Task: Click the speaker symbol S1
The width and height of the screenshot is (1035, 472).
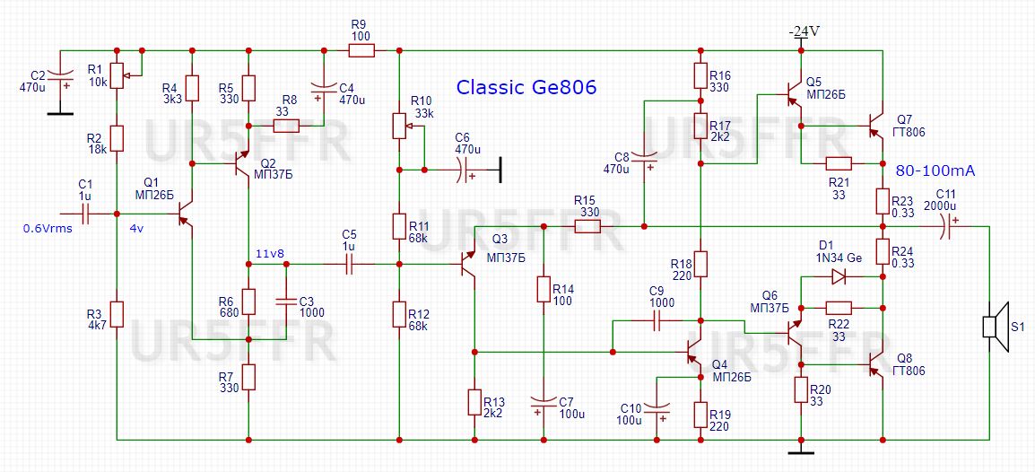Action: click(x=996, y=327)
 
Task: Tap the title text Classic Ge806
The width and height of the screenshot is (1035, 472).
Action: click(x=527, y=87)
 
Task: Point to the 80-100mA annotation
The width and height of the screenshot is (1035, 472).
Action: click(x=935, y=171)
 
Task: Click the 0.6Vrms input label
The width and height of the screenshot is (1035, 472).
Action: click(x=47, y=229)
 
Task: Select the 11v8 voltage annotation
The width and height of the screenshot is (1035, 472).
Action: click(x=269, y=253)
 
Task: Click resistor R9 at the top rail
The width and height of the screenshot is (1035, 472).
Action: click(x=361, y=50)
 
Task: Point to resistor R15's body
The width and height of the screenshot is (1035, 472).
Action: click(x=587, y=226)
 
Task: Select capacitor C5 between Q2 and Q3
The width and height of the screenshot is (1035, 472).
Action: click(x=348, y=264)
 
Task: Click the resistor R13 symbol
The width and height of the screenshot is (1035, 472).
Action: click(x=474, y=402)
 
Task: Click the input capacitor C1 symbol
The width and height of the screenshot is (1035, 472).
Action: click(x=83, y=214)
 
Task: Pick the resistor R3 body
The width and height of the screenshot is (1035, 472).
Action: click(x=117, y=314)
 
